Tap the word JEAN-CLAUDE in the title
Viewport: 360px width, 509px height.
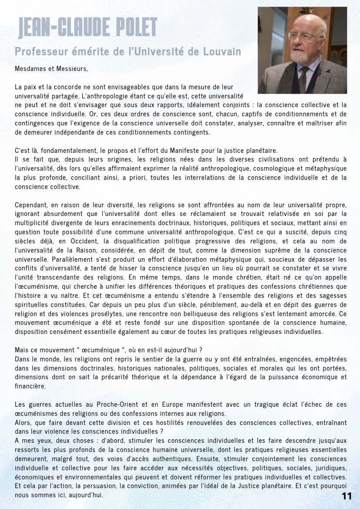point(58,28)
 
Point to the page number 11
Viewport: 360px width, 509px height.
point(347,496)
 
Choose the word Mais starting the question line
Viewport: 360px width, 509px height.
point(22,350)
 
